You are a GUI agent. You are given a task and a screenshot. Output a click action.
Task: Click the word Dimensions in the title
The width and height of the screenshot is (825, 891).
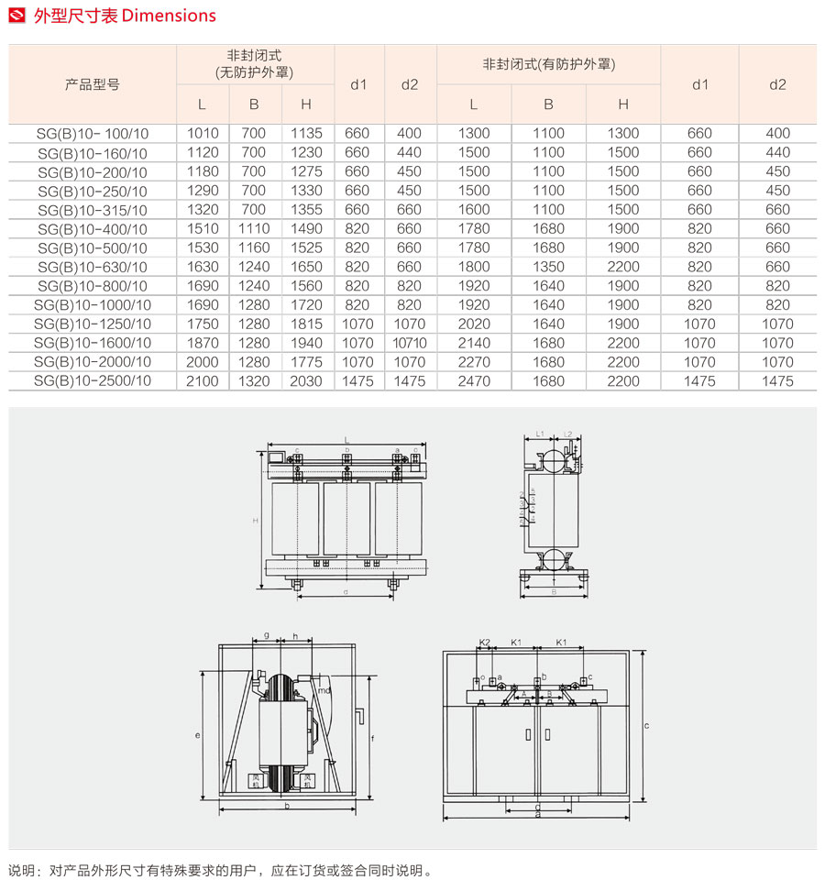[x=169, y=16]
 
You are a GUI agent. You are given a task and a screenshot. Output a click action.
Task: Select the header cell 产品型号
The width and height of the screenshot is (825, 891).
[x=92, y=84]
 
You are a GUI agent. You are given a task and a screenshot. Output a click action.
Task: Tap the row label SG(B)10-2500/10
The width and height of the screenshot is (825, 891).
[x=92, y=380]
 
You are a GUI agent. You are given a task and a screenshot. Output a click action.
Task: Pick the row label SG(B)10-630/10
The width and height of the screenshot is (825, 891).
[x=92, y=267]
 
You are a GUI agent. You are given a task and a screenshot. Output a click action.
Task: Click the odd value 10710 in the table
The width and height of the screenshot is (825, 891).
[x=410, y=343]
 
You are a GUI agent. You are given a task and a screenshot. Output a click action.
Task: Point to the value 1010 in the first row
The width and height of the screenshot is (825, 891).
[x=203, y=134]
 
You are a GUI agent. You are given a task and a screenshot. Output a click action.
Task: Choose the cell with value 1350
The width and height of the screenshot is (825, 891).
[x=548, y=267]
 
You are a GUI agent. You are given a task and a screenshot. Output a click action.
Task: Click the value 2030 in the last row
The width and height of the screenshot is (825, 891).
[x=306, y=380]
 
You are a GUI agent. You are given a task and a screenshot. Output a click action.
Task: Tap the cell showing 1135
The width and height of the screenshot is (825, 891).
[x=306, y=134]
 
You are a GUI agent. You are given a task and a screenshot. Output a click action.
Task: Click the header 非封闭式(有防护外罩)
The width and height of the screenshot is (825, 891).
[x=548, y=65]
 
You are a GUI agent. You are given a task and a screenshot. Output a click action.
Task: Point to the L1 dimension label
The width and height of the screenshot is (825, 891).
[x=540, y=433]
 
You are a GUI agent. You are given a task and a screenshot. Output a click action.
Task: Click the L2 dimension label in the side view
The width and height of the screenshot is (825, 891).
[x=568, y=433]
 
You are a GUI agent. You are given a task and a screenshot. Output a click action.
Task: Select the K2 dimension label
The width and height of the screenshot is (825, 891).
[x=485, y=643]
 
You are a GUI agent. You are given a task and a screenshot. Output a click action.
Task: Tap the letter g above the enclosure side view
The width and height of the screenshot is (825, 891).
[x=266, y=634]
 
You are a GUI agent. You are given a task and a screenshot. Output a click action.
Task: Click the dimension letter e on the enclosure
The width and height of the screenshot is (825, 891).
[x=198, y=735]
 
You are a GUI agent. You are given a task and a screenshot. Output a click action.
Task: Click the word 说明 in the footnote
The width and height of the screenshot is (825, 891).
[x=21, y=871]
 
